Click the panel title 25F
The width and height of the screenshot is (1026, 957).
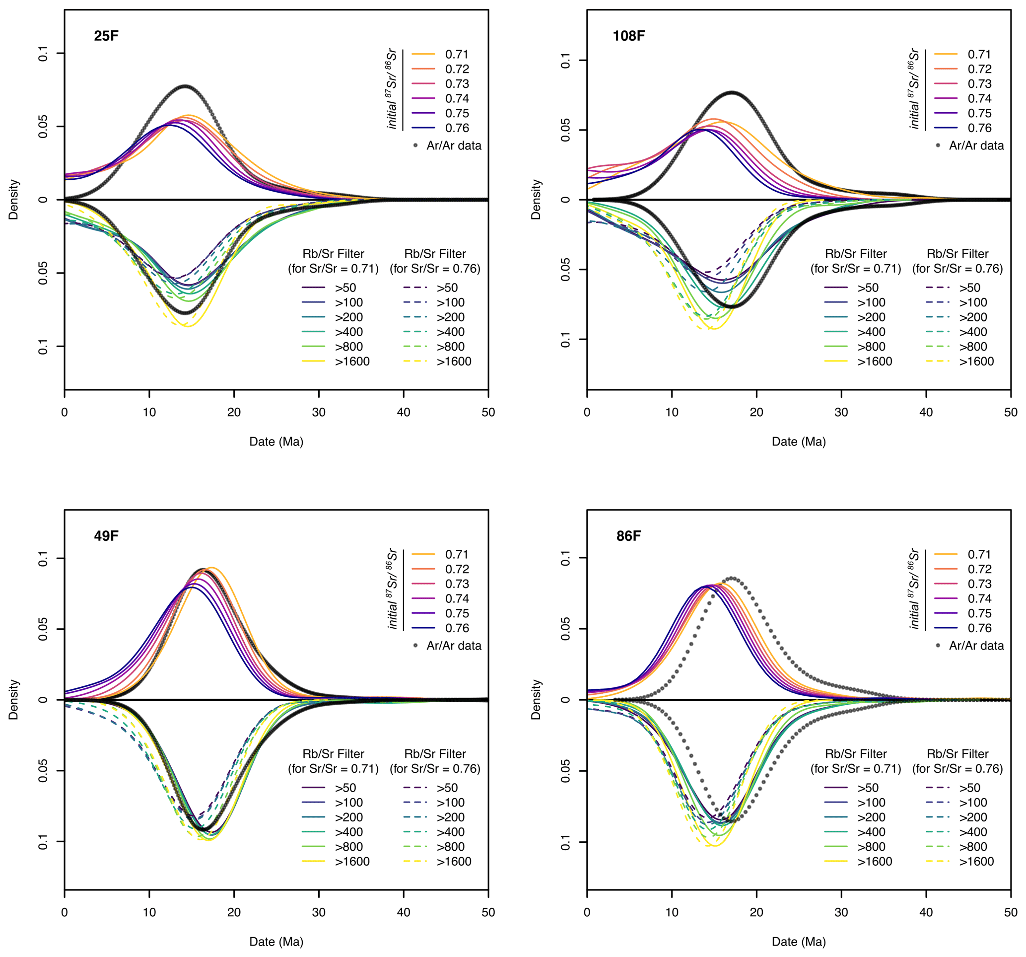pos(106,36)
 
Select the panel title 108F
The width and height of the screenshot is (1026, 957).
pos(628,36)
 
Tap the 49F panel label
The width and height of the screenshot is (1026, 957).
pos(106,535)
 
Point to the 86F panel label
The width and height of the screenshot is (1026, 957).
pos(628,535)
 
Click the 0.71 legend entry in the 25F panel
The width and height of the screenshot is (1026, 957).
pos(457,54)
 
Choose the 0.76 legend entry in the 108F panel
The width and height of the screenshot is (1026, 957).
pos(979,128)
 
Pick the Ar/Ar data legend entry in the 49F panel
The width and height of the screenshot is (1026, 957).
pos(454,646)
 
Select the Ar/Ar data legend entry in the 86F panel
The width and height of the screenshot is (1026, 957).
pos(976,646)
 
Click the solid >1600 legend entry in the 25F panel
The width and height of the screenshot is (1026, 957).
pos(352,362)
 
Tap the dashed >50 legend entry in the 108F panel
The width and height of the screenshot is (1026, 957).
pos(969,288)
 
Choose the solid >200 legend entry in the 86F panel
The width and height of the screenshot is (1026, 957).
pos(871,817)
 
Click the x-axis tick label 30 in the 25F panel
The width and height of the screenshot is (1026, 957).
pos(319,412)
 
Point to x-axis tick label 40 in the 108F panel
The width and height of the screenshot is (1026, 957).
pos(926,412)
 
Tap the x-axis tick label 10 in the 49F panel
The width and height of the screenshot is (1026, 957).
pos(149,912)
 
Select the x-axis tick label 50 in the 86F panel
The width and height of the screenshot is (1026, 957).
pos(1011,912)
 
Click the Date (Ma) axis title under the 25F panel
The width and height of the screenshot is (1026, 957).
pos(276,442)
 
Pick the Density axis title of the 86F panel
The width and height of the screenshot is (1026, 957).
pos(536,699)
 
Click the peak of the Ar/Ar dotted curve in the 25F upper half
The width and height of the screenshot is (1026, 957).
pos(185,86)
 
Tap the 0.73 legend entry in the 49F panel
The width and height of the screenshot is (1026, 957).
pos(457,584)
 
